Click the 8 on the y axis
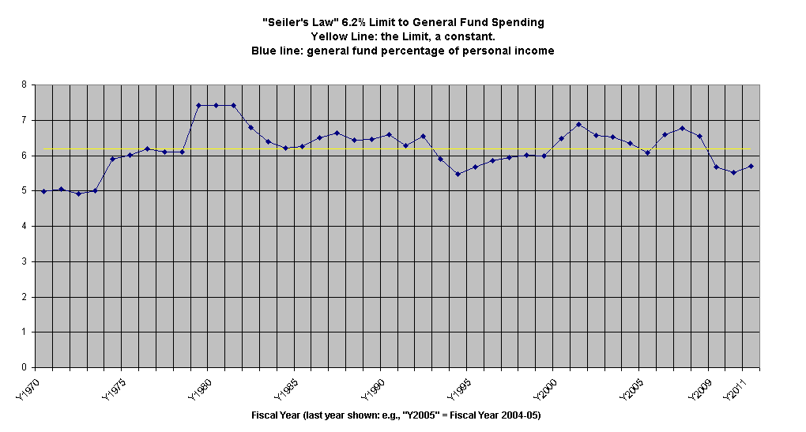(x=24, y=85)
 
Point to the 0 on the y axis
(x=24, y=367)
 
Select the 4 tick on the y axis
(x=24, y=226)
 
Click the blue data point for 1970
(x=43, y=191)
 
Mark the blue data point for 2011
(x=751, y=166)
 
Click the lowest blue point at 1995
(x=458, y=174)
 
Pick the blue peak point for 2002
(x=578, y=124)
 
